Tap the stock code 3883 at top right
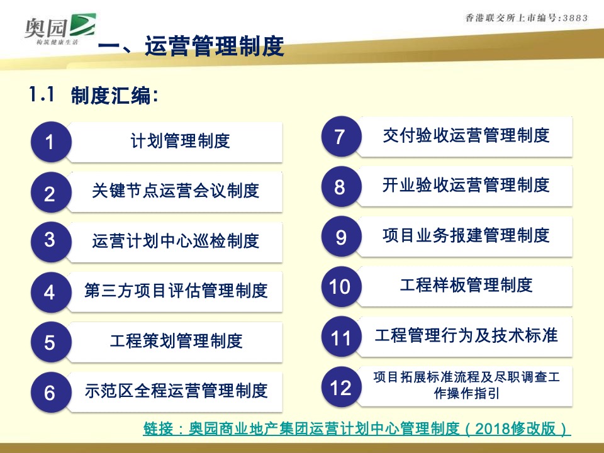574,18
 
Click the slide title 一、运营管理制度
191,47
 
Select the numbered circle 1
50,143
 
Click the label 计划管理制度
181,141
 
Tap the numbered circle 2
50,193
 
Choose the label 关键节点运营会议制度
176,191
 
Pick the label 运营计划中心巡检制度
176,241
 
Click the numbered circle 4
50,293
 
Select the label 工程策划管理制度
176,342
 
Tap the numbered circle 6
50,393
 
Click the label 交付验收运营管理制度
466,135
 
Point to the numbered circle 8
340,187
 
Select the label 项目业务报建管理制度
466,236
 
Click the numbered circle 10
340,287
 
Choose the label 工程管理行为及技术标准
466,335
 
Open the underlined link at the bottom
357,430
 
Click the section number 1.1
42,94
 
